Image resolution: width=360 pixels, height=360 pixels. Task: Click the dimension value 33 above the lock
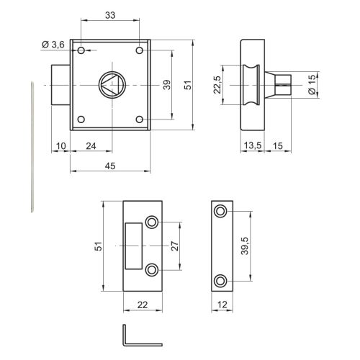[110, 15]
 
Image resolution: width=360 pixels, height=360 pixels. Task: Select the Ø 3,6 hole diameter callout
[53, 45]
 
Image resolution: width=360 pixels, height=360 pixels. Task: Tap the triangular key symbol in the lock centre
[110, 85]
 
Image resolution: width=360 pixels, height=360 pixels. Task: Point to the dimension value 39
[167, 85]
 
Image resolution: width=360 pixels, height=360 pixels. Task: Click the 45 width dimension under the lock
[110, 166]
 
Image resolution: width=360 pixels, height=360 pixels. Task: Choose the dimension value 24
[91, 146]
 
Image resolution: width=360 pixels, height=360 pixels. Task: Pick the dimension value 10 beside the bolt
[61, 146]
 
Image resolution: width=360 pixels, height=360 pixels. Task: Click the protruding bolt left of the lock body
[61, 85]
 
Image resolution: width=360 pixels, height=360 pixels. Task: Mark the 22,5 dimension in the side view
[217, 85]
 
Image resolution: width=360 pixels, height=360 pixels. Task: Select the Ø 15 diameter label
[312, 85]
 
